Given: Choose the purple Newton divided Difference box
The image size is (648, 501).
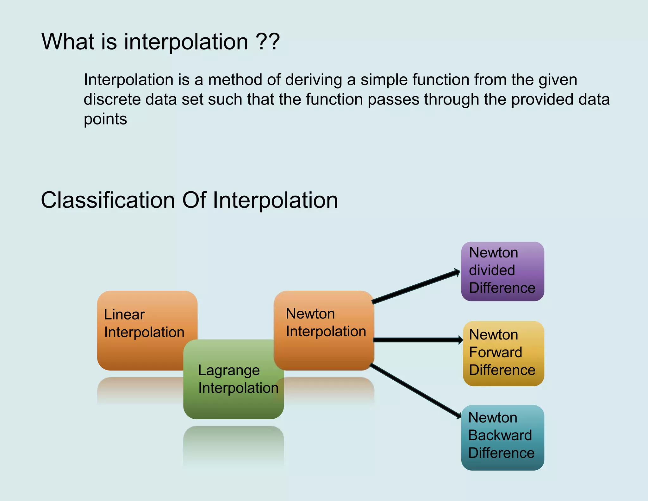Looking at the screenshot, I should (x=502, y=271).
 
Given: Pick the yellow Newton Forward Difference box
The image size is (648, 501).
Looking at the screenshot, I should (x=503, y=353).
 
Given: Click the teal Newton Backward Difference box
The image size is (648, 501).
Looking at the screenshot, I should (x=502, y=437).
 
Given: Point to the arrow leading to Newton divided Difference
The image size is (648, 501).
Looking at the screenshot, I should (x=416, y=287).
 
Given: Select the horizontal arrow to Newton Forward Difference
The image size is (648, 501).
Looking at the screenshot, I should (x=418, y=340).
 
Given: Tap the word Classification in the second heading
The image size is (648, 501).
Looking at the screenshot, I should (x=108, y=200).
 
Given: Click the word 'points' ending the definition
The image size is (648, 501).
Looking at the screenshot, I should (x=105, y=119).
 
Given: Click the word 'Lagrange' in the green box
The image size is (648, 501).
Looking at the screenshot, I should (x=229, y=371).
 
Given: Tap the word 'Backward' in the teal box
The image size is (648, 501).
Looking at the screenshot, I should (x=500, y=435).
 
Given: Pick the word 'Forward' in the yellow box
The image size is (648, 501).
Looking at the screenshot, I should (x=495, y=352).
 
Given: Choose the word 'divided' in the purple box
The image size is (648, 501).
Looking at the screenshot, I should (x=492, y=270).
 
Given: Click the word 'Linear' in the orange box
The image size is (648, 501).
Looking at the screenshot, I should (x=124, y=315).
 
